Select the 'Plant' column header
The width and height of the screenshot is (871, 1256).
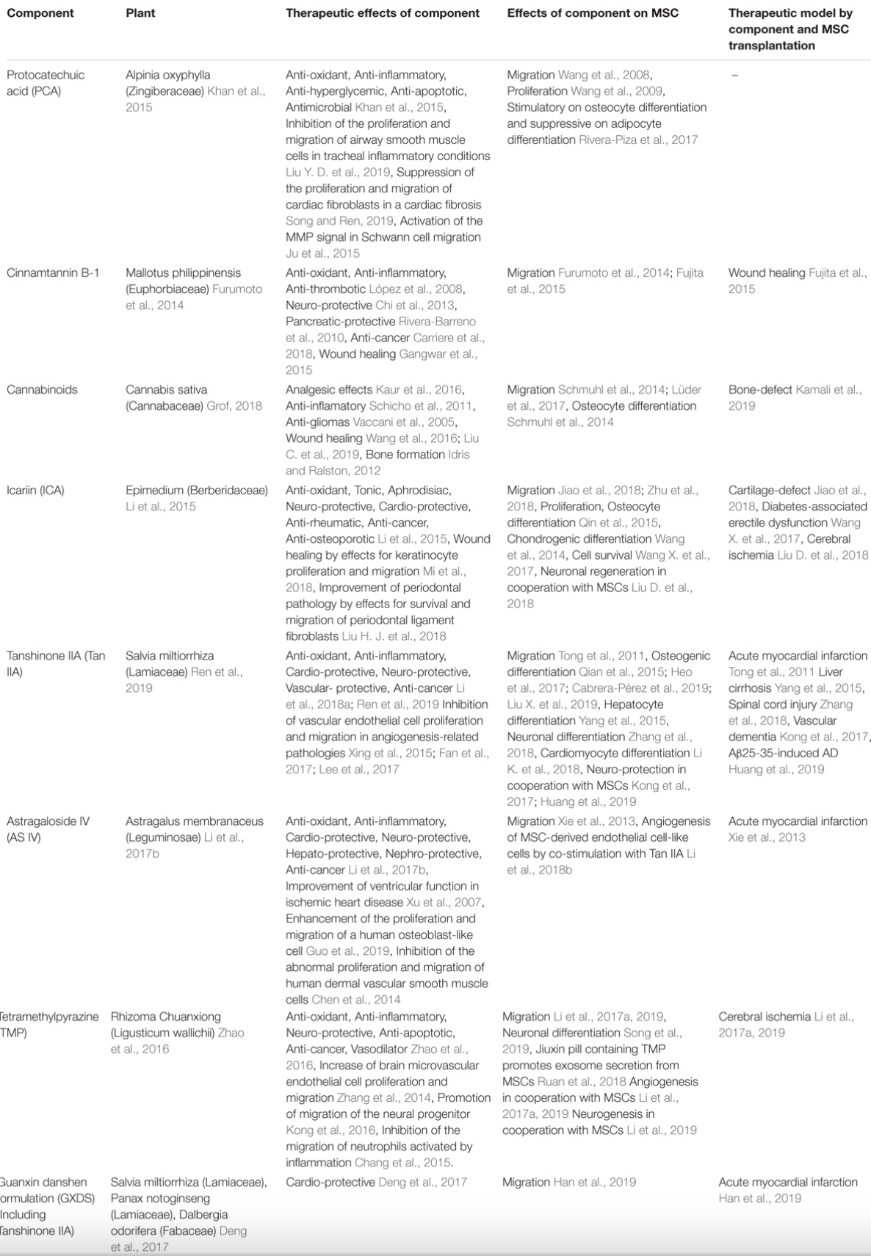[x=140, y=13]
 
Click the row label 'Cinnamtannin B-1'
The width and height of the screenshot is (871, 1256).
[x=53, y=273]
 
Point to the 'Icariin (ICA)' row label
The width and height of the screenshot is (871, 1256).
[x=35, y=490]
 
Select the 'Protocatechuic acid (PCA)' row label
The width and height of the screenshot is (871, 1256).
[x=46, y=82]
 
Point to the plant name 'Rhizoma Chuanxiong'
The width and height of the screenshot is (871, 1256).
[x=165, y=1017]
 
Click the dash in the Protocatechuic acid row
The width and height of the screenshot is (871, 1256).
[x=734, y=75]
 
